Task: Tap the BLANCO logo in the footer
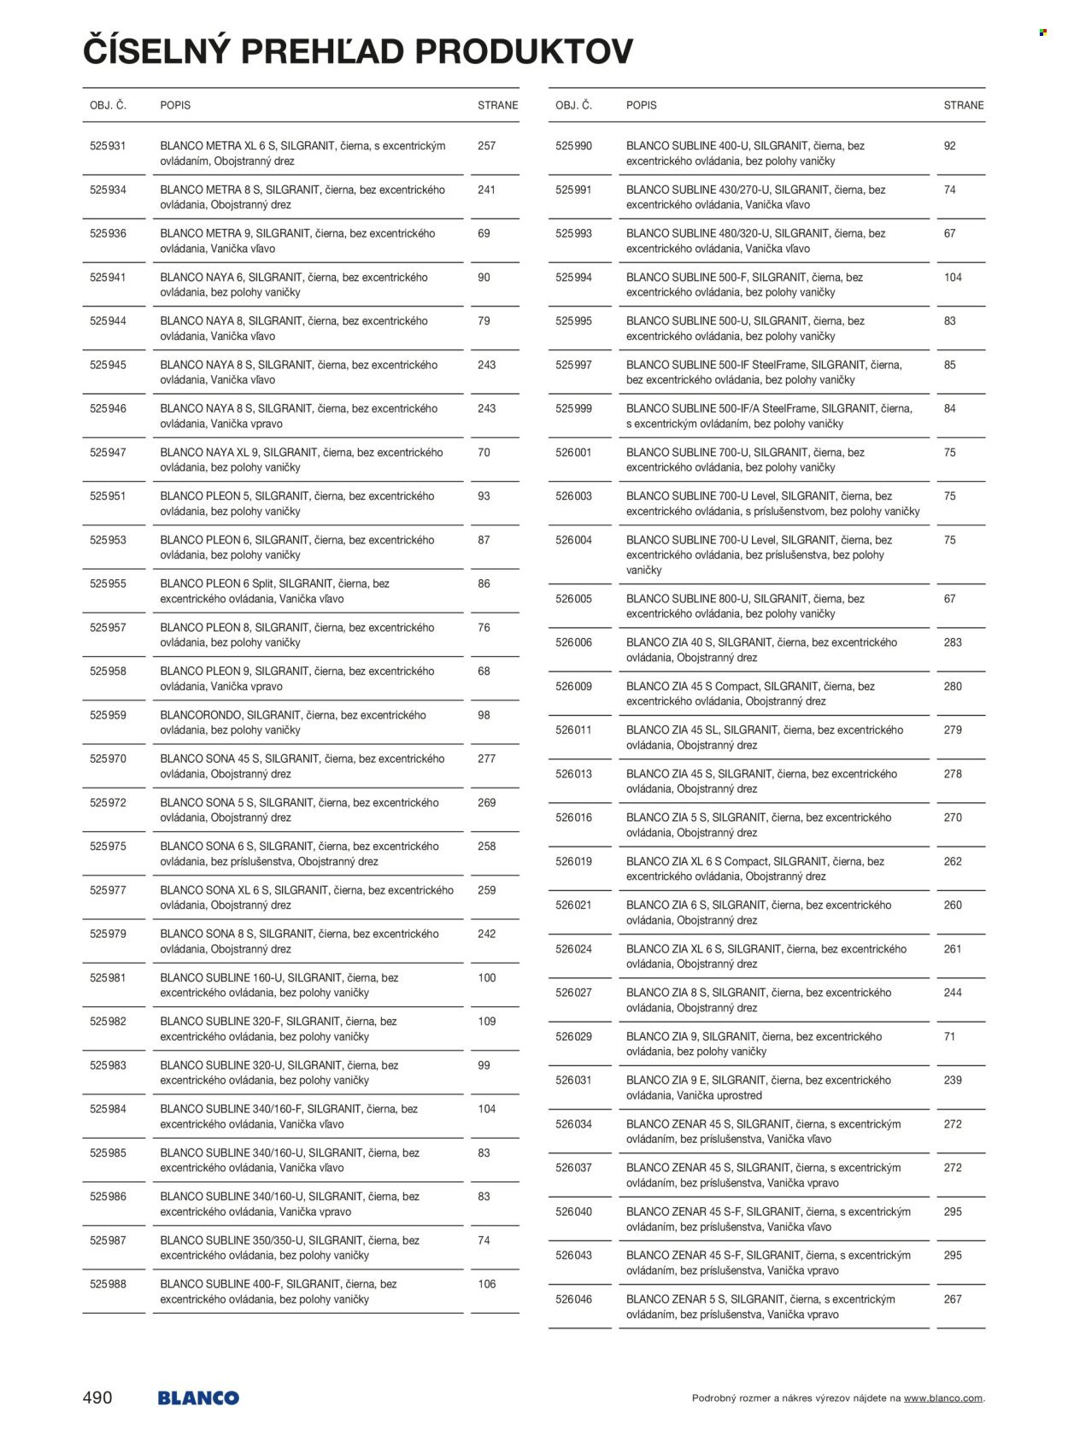(197, 1398)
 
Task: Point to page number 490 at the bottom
(97, 1398)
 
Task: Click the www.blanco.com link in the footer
(942, 1398)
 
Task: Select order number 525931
(108, 146)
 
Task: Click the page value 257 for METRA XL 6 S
(486, 146)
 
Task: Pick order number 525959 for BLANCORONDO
(108, 715)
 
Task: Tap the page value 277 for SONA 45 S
(486, 759)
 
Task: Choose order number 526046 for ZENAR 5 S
(573, 1299)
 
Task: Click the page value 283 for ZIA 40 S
(953, 642)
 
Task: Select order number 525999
(573, 408)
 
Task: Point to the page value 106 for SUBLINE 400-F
(486, 1284)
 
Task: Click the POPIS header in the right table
(641, 105)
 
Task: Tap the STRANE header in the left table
(497, 105)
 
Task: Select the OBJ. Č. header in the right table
(573, 105)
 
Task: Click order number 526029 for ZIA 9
(573, 1036)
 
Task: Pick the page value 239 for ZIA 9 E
(953, 1080)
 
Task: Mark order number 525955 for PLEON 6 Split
(108, 583)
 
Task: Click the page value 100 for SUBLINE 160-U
(486, 977)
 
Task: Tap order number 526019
(573, 861)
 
